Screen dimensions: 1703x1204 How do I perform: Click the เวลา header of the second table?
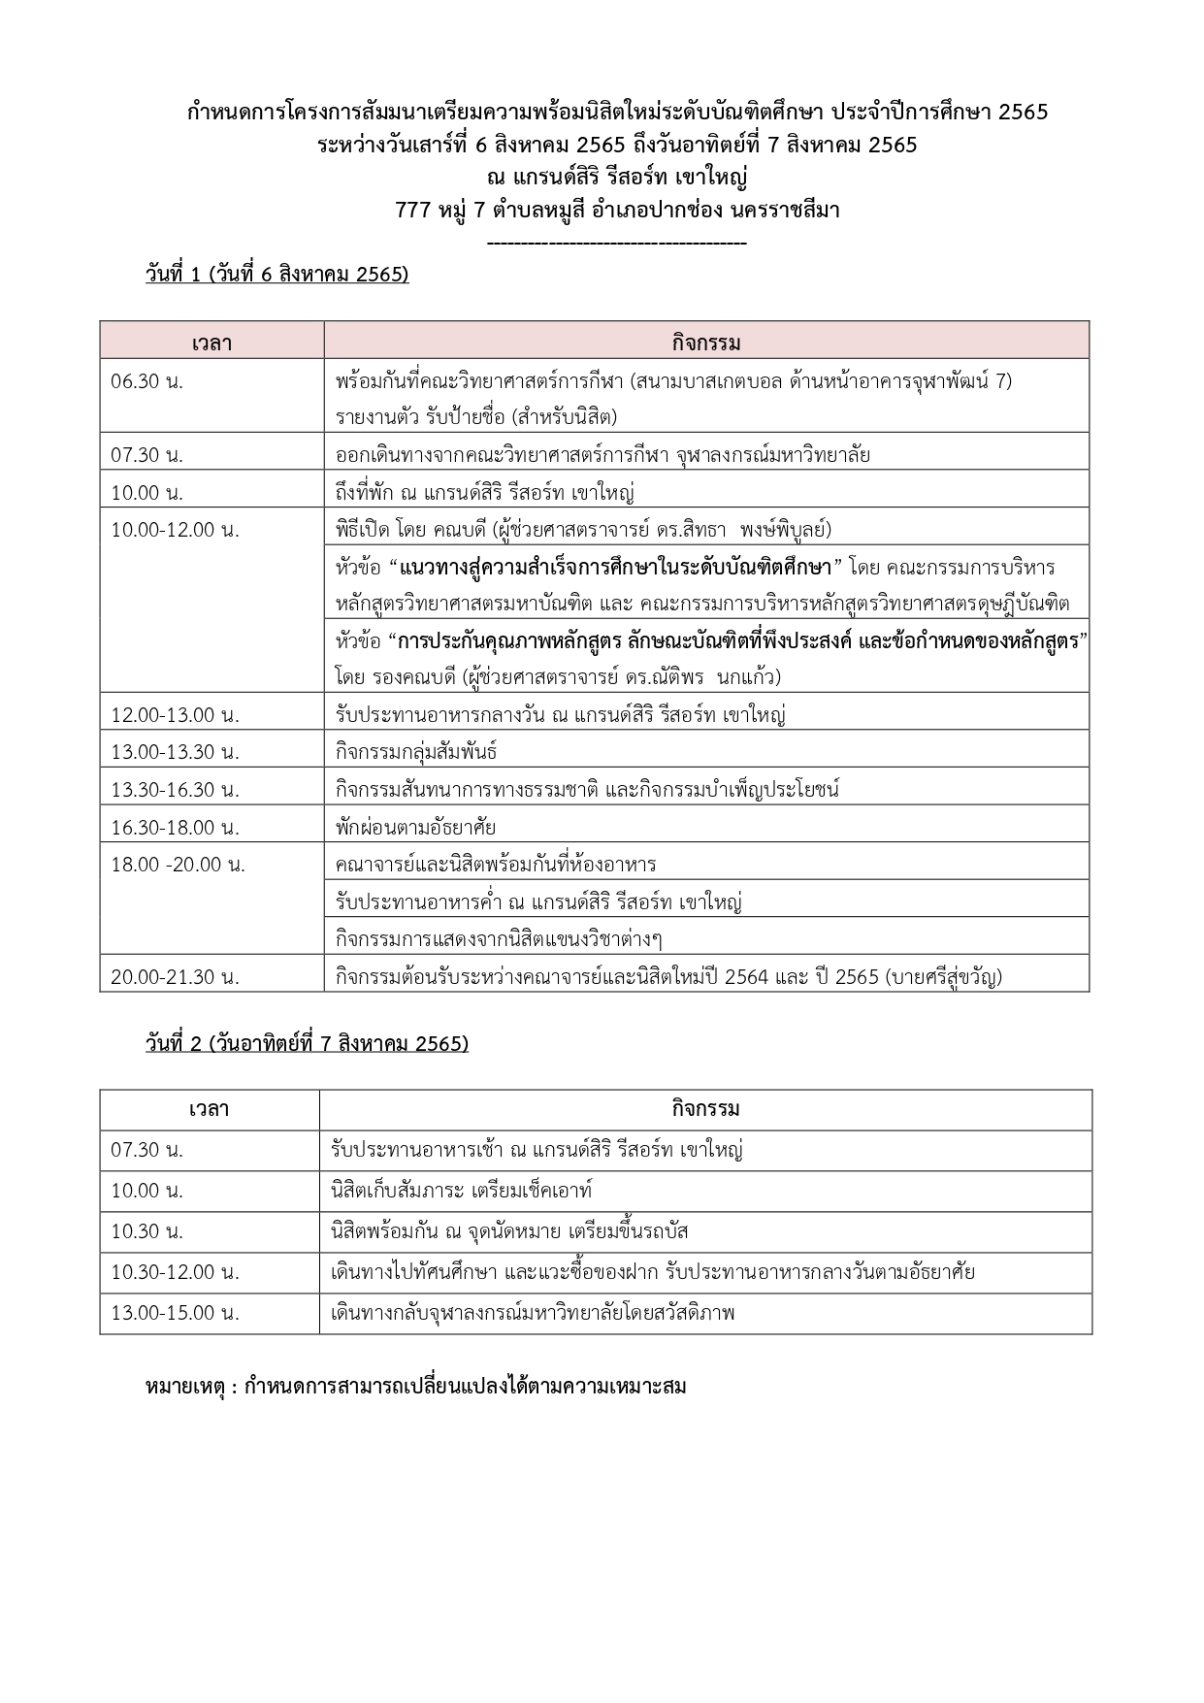click(x=210, y=1109)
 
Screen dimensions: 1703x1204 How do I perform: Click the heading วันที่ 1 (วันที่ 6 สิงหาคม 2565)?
click(x=277, y=275)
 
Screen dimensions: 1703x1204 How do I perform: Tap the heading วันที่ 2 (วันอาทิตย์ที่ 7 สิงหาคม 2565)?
click(x=307, y=1044)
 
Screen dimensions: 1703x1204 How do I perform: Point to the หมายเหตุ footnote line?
click(x=415, y=1386)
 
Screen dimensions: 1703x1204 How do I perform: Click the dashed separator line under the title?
click(x=617, y=243)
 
